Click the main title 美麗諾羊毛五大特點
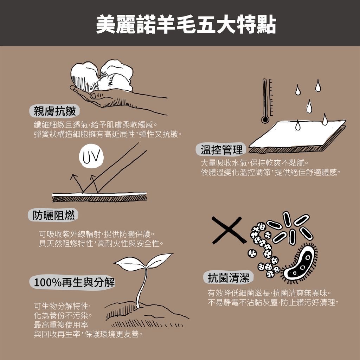[x=186, y=24]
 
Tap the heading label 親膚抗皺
[x=54, y=111]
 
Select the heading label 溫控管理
[x=221, y=150]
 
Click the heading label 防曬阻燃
[x=53, y=215]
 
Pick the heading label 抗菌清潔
[x=229, y=277]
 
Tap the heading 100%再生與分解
[x=74, y=282]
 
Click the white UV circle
[x=91, y=156]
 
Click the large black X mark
[x=229, y=230]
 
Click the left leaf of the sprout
[x=130, y=264]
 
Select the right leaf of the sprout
[x=159, y=260]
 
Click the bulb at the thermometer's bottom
[x=265, y=120]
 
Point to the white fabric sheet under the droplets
[x=297, y=134]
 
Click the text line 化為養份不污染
[x=63, y=315]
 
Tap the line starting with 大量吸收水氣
[x=255, y=163]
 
